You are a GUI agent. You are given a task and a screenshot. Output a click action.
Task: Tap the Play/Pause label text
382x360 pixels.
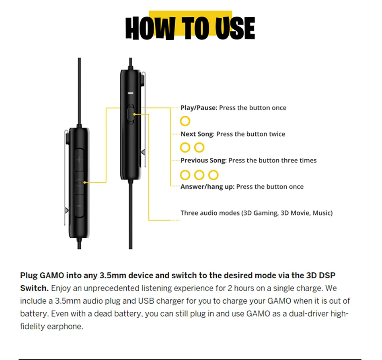pos(199,108)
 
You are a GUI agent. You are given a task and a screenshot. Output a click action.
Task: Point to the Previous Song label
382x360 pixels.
pos(203,160)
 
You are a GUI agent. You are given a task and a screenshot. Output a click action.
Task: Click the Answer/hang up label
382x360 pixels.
pos(207,187)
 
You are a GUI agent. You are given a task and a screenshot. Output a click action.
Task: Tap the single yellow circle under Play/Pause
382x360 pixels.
pos(185,121)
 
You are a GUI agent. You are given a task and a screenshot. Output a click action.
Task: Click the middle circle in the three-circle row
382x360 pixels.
pos(199,175)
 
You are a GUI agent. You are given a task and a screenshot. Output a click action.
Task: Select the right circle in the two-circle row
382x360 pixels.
pos(199,147)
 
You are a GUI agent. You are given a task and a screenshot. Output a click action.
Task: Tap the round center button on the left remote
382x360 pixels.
pos(79,182)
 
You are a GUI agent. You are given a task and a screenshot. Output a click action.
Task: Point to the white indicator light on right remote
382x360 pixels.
pos(130,92)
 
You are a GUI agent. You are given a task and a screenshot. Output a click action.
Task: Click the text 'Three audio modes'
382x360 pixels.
pos(209,213)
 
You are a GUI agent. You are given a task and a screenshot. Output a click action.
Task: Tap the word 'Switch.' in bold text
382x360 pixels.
pos(34,288)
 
